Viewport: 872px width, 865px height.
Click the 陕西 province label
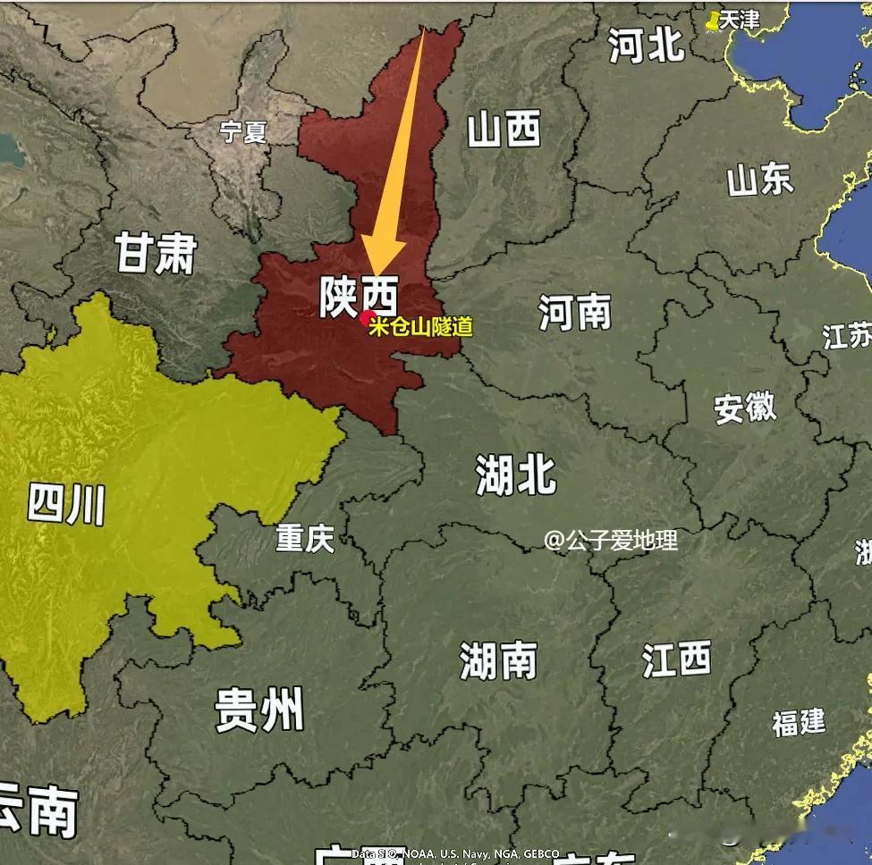(x=359, y=297)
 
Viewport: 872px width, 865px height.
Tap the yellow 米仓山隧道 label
(x=420, y=326)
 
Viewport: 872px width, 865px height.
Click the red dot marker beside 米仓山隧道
(x=365, y=315)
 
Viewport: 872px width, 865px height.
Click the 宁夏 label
(x=243, y=132)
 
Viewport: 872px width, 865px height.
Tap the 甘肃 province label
(x=155, y=253)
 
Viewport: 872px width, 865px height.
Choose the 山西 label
(x=504, y=130)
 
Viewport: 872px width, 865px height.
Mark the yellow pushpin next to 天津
(x=713, y=21)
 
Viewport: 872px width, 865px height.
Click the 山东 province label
(x=759, y=180)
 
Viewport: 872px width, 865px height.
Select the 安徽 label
(x=745, y=408)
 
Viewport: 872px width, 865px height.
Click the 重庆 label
(x=304, y=538)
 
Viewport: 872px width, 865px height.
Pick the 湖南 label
(x=498, y=661)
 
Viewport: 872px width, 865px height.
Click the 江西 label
(x=676, y=659)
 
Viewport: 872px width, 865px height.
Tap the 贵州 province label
(x=258, y=711)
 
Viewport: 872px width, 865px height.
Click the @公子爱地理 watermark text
(x=611, y=540)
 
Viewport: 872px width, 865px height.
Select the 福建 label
(x=799, y=722)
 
